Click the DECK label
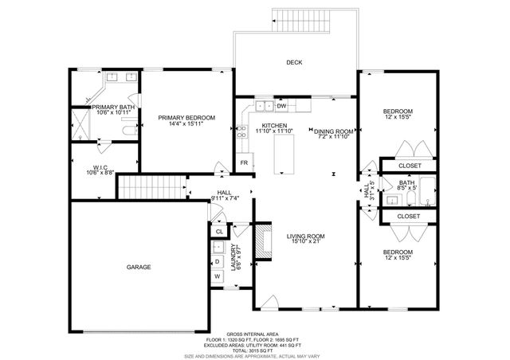pyautogui.click(x=294, y=62)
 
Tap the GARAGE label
pyautogui.click(x=139, y=268)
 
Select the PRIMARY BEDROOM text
pyautogui.click(x=186, y=117)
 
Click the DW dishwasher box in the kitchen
pyautogui.click(x=281, y=105)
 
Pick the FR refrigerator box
pyautogui.click(x=244, y=164)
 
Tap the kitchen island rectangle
pyautogui.click(x=283, y=153)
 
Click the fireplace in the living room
pyautogui.click(x=261, y=242)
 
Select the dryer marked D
pyautogui.click(x=216, y=260)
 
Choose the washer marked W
pyautogui.click(x=216, y=276)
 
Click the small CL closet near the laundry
pyautogui.click(x=219, y=231)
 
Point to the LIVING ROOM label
pyautogui.click(x=304, y=237)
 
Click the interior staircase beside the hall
pyautogui.click(x=151, y=188)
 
